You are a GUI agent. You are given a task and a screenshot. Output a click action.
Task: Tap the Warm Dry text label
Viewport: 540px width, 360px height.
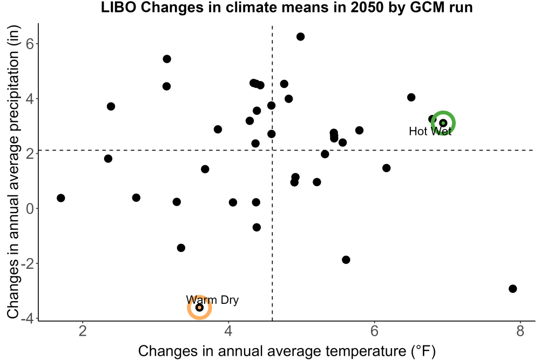pos(212,300)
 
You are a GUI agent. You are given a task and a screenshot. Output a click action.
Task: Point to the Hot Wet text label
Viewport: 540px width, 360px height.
pos(430,131)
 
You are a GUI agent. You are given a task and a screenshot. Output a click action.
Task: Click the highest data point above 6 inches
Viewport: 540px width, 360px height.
pos(300,37)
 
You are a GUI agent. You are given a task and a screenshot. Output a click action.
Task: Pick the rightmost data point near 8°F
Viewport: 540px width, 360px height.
pos(513,289)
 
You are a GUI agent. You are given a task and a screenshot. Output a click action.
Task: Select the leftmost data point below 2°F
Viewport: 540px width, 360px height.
pos(61,198)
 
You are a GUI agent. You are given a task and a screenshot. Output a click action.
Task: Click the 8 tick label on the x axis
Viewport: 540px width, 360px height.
pos(520,331)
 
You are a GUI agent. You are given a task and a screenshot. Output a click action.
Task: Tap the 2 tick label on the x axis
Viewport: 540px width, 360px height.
pos(83,331)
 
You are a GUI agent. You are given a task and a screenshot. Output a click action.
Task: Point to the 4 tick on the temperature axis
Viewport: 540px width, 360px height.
pos(228,331)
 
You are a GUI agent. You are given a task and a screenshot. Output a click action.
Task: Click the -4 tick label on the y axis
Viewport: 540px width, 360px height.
pos(27,318)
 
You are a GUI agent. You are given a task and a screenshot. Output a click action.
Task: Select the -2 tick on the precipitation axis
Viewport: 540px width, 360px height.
pos(27,263)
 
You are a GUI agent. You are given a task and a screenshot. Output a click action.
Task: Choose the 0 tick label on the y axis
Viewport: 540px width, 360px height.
pos(30,208)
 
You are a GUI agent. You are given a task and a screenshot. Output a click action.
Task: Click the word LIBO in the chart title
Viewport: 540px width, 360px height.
pos(119,7)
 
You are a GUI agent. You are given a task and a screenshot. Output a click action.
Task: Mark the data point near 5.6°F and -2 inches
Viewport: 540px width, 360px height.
pos(346,260)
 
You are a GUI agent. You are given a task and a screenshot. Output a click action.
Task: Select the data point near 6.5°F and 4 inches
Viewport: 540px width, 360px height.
pos(411,97)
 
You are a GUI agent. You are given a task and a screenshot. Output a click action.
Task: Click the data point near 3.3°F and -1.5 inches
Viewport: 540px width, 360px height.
pos(181,248)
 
